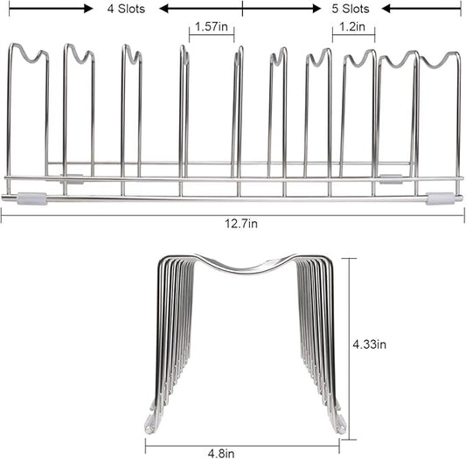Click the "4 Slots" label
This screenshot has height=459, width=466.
tap(126, 9)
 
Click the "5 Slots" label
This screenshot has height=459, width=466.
tap(351, 9)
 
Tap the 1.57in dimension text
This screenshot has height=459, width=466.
tap(212, 27)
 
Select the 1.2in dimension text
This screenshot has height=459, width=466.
tap(352, 27)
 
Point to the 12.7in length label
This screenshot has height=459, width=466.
tap(241, 223)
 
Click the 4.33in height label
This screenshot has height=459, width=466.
tap(370, 344)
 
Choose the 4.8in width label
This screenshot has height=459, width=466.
tap(221, 454)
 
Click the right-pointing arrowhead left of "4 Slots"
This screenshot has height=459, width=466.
tap(88, 9)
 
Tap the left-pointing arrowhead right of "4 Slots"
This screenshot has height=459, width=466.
tap(164, 9)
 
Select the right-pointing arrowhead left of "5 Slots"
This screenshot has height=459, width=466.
tap(316, 9)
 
